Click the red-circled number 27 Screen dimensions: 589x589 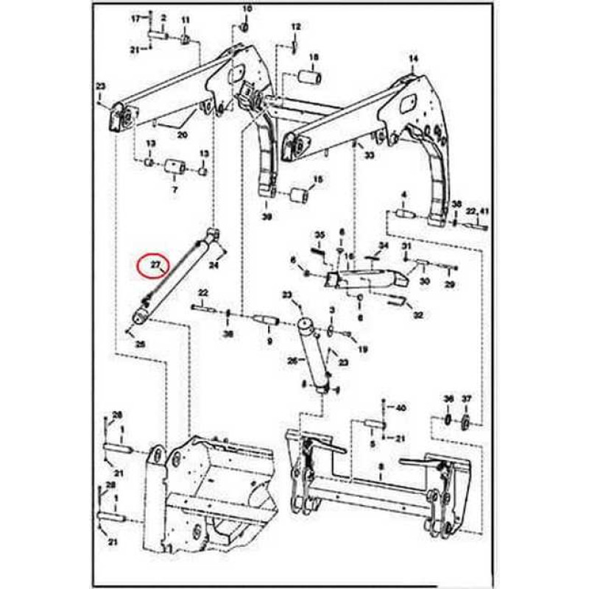(155, 264)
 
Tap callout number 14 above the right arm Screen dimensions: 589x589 (412, 58)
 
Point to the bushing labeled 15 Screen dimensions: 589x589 (300, 196)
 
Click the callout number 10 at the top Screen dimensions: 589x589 (247, 9)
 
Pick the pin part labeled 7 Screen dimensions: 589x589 (174, 169)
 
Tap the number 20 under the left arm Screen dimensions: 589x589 (183, 135)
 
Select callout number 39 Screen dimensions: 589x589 (267, 217)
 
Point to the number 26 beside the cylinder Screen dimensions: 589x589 (292, 361)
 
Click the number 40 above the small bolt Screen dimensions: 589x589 (401, 407)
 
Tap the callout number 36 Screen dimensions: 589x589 (448, 398)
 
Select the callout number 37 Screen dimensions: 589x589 (466, 398)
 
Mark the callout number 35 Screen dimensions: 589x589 (320, 235)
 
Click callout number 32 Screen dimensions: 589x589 (418, 315)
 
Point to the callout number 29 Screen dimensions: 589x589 (451, 284)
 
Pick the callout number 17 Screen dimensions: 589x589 (135, 17)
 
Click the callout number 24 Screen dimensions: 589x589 (215, 264)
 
